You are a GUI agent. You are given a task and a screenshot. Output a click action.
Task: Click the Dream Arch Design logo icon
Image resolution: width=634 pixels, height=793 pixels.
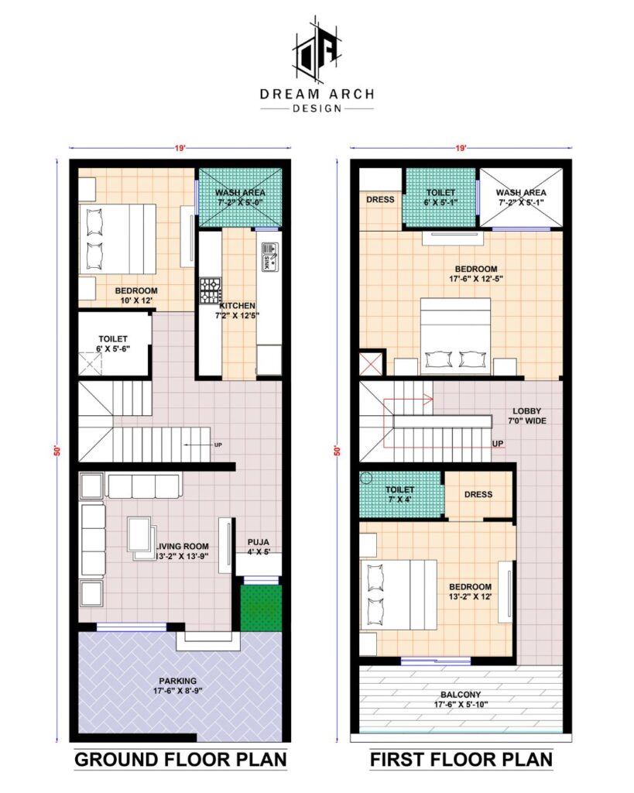click(x=317, y=50)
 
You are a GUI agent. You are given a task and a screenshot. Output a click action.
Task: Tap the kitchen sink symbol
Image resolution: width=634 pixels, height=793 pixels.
click(x=269, y=256)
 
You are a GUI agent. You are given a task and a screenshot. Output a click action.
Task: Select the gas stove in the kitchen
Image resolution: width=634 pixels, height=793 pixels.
click(x=210, y=291)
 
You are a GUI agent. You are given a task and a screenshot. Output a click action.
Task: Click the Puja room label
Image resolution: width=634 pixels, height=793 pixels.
click(x=259, y=547)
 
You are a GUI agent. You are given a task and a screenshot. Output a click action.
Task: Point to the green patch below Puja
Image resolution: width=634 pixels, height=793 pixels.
click(x=261, y=608)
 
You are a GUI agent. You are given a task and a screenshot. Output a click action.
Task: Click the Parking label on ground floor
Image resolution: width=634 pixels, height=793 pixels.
click(x=178, y=686)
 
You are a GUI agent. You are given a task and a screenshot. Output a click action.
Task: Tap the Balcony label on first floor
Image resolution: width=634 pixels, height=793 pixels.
click(x=461, y=699)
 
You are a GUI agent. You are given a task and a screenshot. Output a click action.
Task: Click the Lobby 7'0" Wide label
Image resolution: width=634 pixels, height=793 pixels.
click(x=527, y=416)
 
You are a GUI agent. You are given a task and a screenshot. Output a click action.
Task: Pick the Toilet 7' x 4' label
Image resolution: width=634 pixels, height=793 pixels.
click(x=400, y=494)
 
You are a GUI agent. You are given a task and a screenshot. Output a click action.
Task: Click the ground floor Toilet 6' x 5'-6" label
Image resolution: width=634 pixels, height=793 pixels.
click(x=113, y=343)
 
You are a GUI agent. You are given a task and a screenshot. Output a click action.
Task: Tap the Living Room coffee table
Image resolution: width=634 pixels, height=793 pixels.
click(x=141, y=537)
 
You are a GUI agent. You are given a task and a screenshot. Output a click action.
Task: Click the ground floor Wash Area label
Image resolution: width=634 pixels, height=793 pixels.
click(x=240, y=197)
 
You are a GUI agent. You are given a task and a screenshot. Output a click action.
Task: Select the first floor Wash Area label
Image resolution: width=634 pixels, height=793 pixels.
click(x=521, y=197)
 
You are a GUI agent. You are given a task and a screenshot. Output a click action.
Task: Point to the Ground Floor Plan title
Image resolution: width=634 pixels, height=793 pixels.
click(x=180, y=760)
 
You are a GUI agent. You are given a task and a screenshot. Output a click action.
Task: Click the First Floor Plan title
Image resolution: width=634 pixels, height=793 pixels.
click(x=461, y=760)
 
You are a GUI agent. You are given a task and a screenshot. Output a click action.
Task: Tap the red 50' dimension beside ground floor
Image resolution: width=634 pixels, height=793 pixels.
click(x=57, y=451)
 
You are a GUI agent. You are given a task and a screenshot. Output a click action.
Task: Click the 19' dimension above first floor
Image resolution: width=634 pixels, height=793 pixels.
click(x=461, y=148)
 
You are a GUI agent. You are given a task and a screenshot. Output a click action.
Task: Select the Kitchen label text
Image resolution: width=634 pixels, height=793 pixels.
click(x=237, y=305)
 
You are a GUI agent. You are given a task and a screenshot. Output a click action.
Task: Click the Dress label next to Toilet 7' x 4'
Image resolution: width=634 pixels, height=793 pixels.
click(x=478, y=494)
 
